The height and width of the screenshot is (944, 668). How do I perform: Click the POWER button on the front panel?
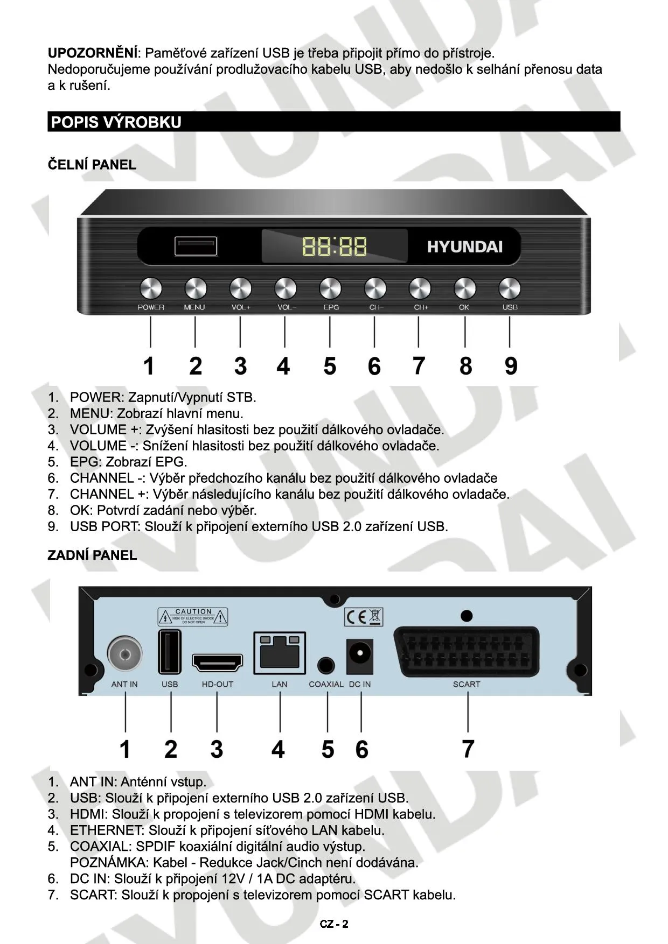coord(151,289)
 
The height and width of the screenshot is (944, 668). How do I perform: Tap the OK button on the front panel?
coord(464,289)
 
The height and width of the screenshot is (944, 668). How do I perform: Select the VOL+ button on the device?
coord(240,289)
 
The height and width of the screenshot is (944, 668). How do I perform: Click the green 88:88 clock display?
coord(335,246)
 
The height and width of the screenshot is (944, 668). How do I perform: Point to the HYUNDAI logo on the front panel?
coord(465,247)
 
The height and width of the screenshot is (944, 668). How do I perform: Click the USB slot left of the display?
coord(196,246)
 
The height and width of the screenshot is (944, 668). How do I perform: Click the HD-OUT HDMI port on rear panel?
coord(218,663)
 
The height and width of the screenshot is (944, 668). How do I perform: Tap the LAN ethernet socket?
coord(280,653)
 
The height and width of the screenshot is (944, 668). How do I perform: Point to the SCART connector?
coord(466,652)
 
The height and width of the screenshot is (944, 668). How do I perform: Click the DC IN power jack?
coord(359,656)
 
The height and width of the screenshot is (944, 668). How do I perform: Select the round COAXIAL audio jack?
coord(325,666)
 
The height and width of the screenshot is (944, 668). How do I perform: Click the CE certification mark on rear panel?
coord(363,617)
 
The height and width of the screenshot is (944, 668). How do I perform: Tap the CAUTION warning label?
coord(193,617)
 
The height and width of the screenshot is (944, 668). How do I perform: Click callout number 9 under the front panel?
coord(511,366)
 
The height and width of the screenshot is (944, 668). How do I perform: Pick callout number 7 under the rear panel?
coord(468,749)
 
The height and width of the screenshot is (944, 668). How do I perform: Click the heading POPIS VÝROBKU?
coord(116,122)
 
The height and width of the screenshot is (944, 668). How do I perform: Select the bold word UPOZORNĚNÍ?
coord(93,53)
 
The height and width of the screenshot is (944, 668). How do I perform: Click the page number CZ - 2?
coord(334,924)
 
